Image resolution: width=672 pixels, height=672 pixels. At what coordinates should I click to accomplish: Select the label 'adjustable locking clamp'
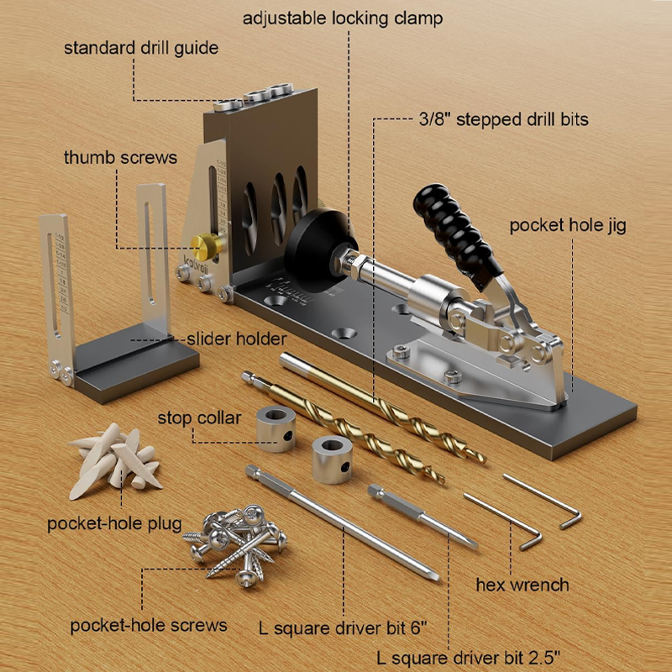[x=343, y=18]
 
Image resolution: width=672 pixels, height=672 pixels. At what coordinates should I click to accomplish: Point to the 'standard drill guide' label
[x=141, y=48]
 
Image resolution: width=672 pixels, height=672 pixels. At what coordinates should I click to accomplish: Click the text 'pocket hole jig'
[x=568, y=225]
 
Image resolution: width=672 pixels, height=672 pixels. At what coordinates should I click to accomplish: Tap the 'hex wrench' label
[x=522, y=585]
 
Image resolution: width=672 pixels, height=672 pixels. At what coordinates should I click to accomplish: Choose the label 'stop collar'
[x=199, y=418]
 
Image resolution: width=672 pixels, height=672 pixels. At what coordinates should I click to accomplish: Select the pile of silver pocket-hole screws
[x=235, y=544]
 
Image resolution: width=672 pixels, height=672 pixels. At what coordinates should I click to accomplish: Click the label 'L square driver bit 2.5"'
[x=469, y=658]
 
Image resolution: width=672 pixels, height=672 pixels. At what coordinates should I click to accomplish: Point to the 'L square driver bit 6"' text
[x=344, y=628]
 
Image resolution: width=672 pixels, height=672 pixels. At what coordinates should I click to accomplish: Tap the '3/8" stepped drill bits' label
[x=503, y=119]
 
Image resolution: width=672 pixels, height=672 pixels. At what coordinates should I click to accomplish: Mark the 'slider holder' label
[x=237, y=339]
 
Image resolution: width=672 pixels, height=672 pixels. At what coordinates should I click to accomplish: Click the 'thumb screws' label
[x=120, y=158]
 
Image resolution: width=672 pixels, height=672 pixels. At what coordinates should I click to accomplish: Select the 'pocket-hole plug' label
[x=114, y=523]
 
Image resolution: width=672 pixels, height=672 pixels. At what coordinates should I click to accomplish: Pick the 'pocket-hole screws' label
[x=149, y=626]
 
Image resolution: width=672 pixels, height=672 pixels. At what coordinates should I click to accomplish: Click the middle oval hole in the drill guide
[x=279, y=208]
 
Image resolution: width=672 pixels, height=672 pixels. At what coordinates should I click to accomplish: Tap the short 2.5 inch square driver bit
[x=423, y=516]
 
